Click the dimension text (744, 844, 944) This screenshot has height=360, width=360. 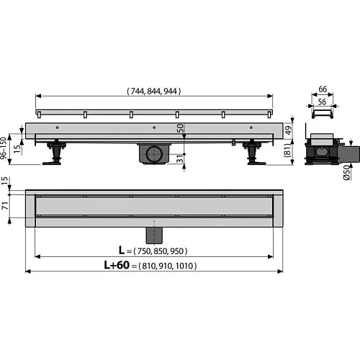[154, 91]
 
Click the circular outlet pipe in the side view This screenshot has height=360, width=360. [154, 153]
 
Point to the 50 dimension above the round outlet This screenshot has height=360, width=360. [179, 128]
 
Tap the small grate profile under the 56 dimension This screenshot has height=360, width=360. [322, 116]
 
